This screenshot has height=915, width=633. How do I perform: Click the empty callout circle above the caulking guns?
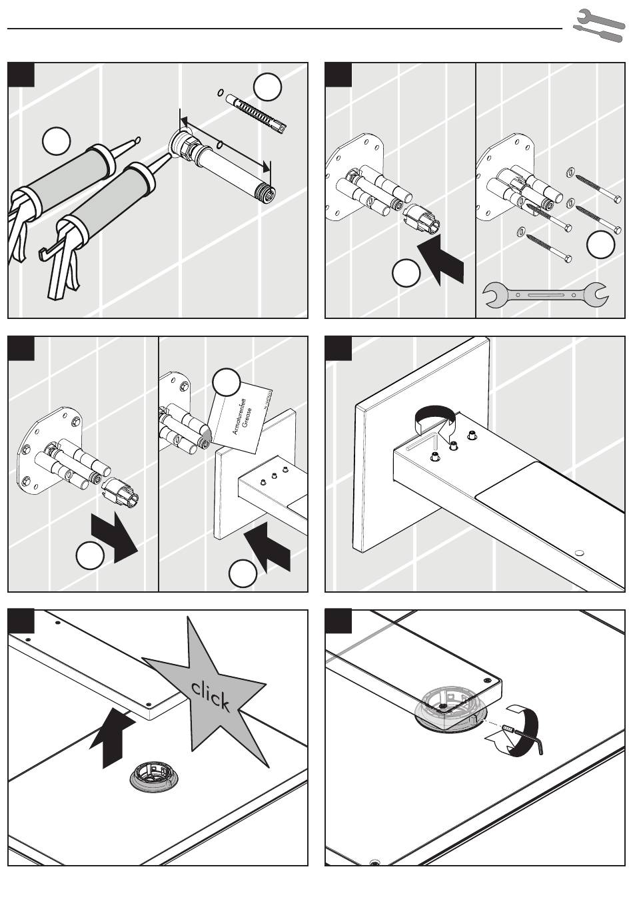[x=56, y=142]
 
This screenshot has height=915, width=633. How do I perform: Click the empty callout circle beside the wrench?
[x=600, y=244]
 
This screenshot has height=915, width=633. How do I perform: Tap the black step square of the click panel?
[x=21, y=622]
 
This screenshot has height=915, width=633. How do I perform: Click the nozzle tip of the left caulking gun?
[x=137, y=140]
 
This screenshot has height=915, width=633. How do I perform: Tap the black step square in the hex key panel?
[x=338, y=622]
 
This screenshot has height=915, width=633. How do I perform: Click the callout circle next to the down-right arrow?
[x=89, y=556]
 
